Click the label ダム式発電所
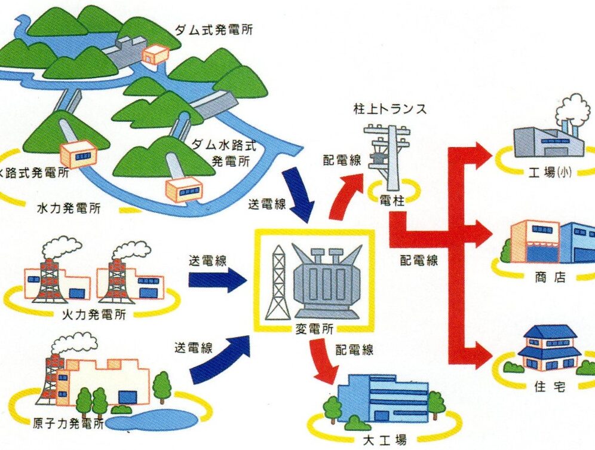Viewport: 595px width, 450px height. [x=213, y=29]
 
